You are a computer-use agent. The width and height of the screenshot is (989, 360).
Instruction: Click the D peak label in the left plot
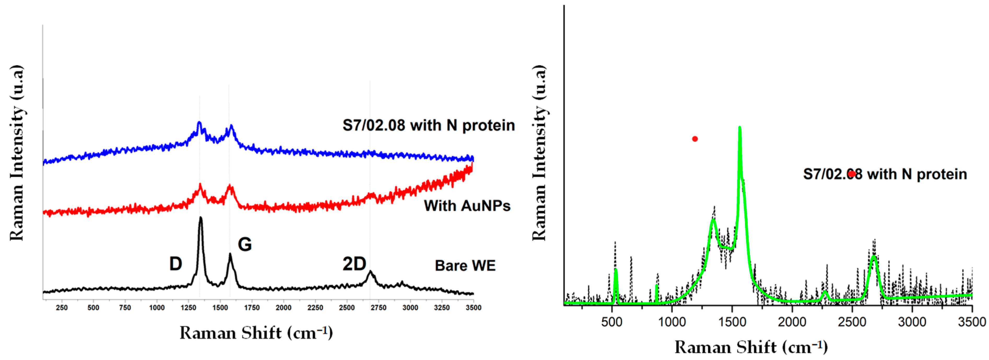point(175,264)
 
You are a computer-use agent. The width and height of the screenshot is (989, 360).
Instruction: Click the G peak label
point(245,245)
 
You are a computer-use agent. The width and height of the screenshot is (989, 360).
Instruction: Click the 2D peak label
point(354,264)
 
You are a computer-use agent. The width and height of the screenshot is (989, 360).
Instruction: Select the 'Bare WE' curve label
point(465,266)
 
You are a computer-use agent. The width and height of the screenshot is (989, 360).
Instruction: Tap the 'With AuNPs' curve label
point(467,206)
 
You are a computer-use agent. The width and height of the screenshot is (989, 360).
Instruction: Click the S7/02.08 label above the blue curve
point(428,125)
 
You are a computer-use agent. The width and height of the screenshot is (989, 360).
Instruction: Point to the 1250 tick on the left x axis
point(188,308)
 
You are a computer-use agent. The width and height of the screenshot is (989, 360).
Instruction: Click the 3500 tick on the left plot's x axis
point(473,308)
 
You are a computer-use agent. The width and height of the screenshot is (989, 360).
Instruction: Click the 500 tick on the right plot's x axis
point(612,322)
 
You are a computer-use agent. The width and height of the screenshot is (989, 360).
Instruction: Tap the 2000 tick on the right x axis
point(792,322)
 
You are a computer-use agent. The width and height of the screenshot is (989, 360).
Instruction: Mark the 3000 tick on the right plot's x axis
point(912,322)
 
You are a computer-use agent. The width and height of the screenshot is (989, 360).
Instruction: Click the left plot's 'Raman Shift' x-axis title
point(256,333)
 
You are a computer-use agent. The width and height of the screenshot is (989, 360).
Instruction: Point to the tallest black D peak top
point(200,218)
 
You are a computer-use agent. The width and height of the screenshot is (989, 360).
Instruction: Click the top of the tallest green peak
point(739,127)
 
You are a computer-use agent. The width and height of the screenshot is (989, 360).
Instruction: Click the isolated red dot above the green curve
point(695,139)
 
